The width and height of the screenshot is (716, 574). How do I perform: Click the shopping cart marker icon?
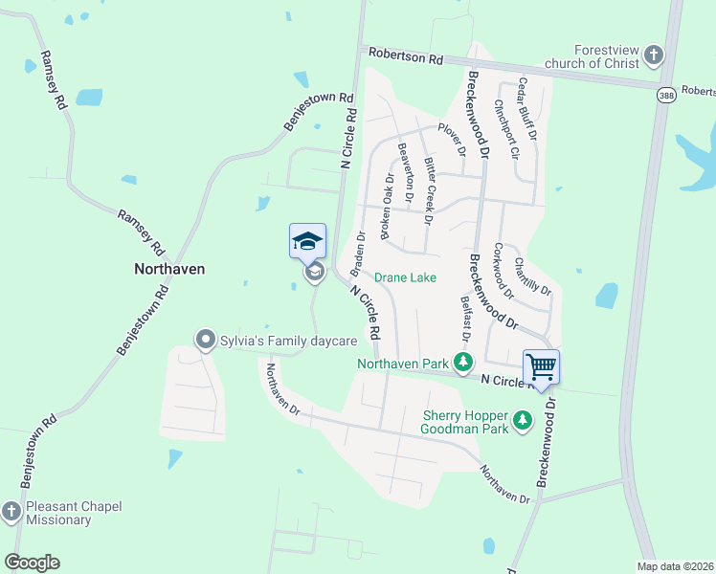(x=541, y=366)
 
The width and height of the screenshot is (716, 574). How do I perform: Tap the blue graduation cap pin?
(x=307, y=240)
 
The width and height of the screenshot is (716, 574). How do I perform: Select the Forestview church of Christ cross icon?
(x=654, y=55)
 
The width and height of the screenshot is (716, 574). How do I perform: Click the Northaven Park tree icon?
(x=463, y=362)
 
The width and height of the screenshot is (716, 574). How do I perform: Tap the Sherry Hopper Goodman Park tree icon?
(x=523, y=419)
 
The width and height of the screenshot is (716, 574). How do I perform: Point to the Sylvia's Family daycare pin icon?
(x=204, y=340)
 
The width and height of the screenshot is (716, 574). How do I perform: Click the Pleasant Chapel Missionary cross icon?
(x=11, y=512)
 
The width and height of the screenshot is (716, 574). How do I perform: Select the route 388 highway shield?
(x=667, y=95)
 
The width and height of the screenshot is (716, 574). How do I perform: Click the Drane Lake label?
(x=405, y=277)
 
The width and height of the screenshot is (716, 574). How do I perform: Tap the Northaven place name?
(x=168, y=270)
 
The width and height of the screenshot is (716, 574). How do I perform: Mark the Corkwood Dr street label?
(x=503, y=269)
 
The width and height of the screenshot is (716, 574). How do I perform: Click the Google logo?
(x=32, y=563)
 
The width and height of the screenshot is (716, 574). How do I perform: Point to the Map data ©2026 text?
(x=675, y=566)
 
